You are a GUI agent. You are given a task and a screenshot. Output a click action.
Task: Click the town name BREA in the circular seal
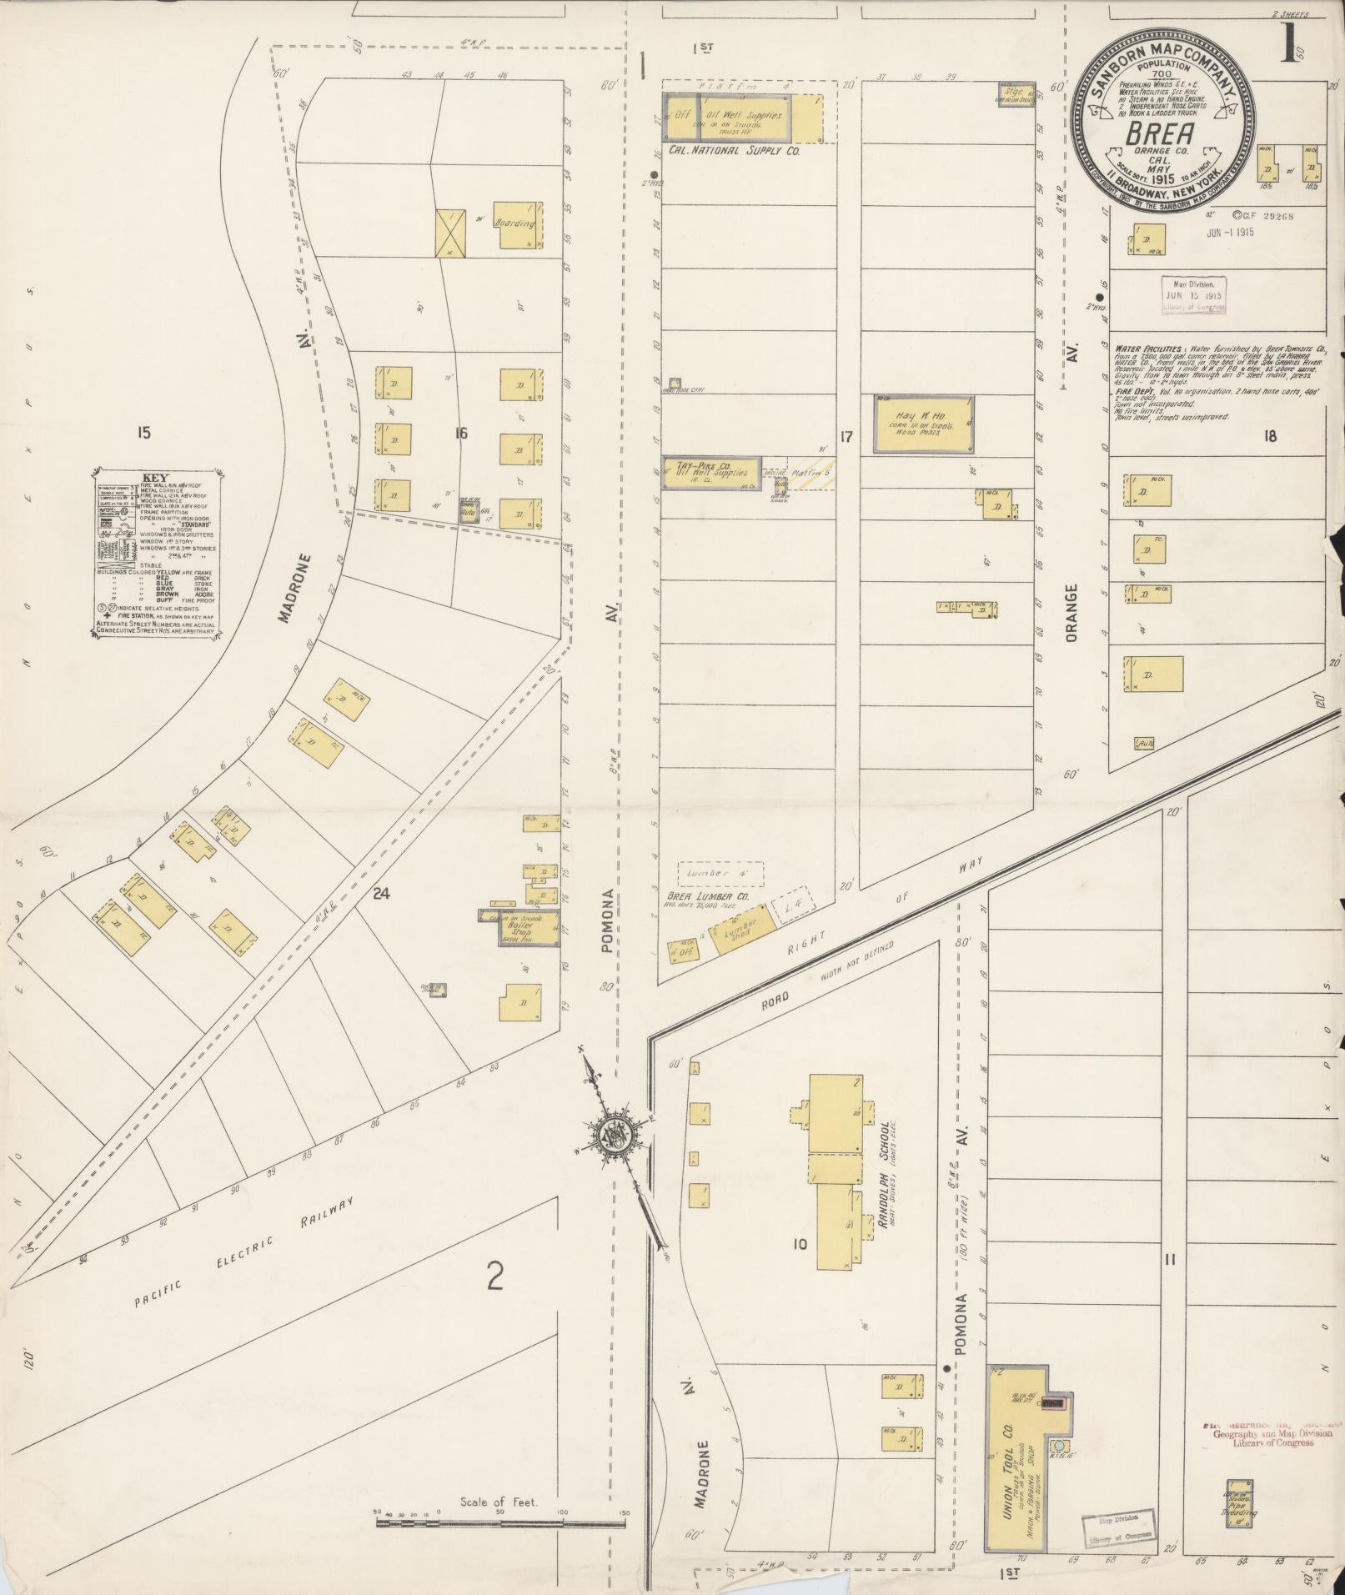[x=1160, y=134]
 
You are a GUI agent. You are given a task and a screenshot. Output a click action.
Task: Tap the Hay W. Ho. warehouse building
[x=923, y=424]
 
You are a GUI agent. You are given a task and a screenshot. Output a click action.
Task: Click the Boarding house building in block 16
[x=517, y=224]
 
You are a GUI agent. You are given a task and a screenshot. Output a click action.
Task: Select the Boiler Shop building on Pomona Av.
[x=520, y=926]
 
